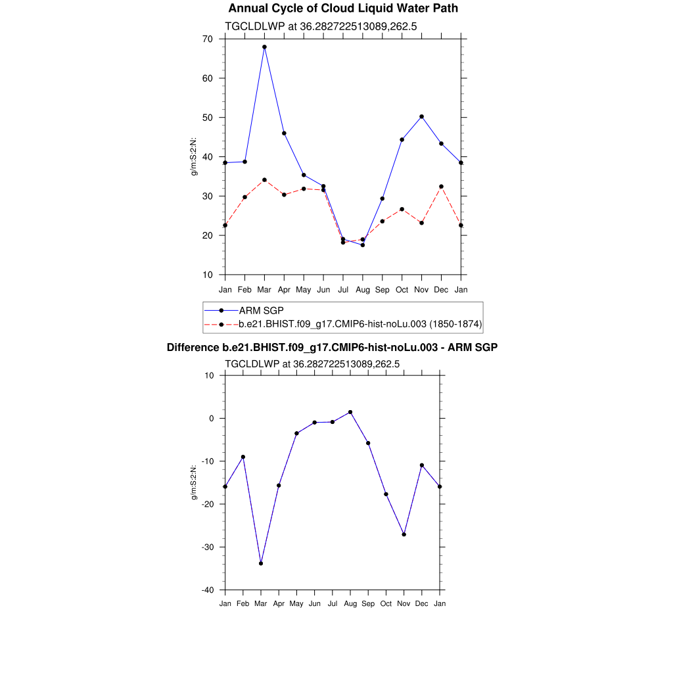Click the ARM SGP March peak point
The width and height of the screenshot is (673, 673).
[264, 47]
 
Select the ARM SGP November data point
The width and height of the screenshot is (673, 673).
[421, 116]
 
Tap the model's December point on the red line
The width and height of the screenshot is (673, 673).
[441, 187]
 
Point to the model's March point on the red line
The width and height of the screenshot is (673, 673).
[264, 179]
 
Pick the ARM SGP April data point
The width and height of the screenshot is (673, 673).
[284, 133]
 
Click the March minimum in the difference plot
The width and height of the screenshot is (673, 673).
[261, 563]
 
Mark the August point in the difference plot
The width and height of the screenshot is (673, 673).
[350, 412]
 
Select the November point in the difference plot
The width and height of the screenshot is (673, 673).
[404, 534]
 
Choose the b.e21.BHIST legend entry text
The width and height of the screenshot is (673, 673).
[360, 324]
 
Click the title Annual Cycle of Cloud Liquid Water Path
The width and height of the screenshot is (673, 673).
[343, 9]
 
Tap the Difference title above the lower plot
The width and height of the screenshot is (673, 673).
[332, 348]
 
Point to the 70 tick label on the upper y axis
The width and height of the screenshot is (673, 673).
[207, 39]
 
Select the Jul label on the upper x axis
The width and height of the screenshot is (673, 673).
[342, 290]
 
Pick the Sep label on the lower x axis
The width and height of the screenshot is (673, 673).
[368, 603]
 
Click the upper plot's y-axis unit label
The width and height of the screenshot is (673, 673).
[194, 156]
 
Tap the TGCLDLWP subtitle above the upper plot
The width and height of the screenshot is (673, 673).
[321, 26]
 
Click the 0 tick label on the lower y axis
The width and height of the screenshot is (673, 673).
[212, 418]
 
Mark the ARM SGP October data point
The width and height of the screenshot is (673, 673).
[402, 139]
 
